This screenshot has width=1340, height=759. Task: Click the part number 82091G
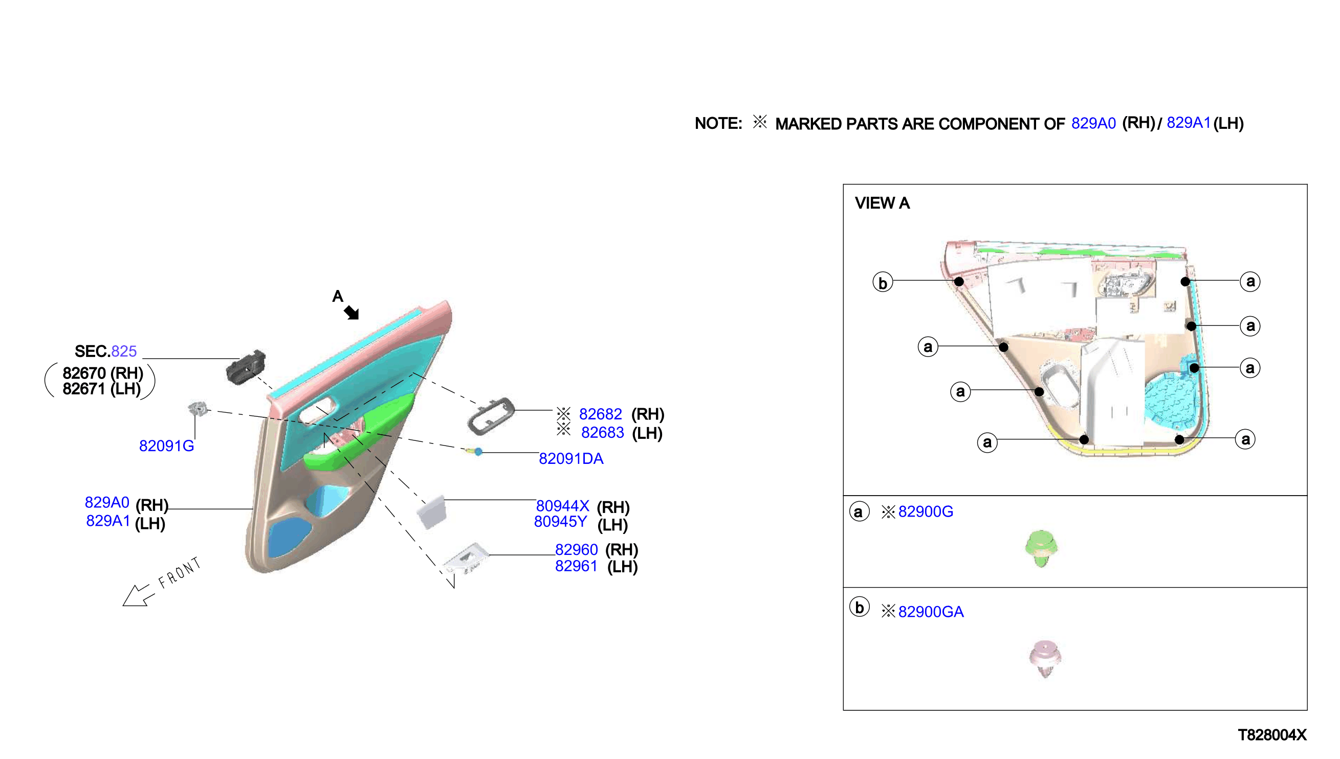pos(166,445)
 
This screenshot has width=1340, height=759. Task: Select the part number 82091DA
pos(571,458)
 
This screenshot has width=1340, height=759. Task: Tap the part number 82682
pos(600,414)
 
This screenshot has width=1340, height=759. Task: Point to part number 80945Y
pos(560,521)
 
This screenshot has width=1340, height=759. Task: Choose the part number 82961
pos(576,566)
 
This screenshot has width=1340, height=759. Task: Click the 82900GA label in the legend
pos(931,612)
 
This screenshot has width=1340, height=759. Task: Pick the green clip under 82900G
pos(1040,548)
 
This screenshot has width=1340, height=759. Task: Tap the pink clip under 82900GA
pos(1045,658)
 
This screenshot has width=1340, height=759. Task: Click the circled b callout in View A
pos(883,282)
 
